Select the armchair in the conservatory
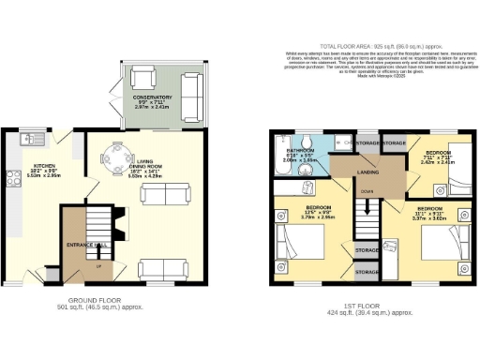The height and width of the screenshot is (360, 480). (x=142, y=78)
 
